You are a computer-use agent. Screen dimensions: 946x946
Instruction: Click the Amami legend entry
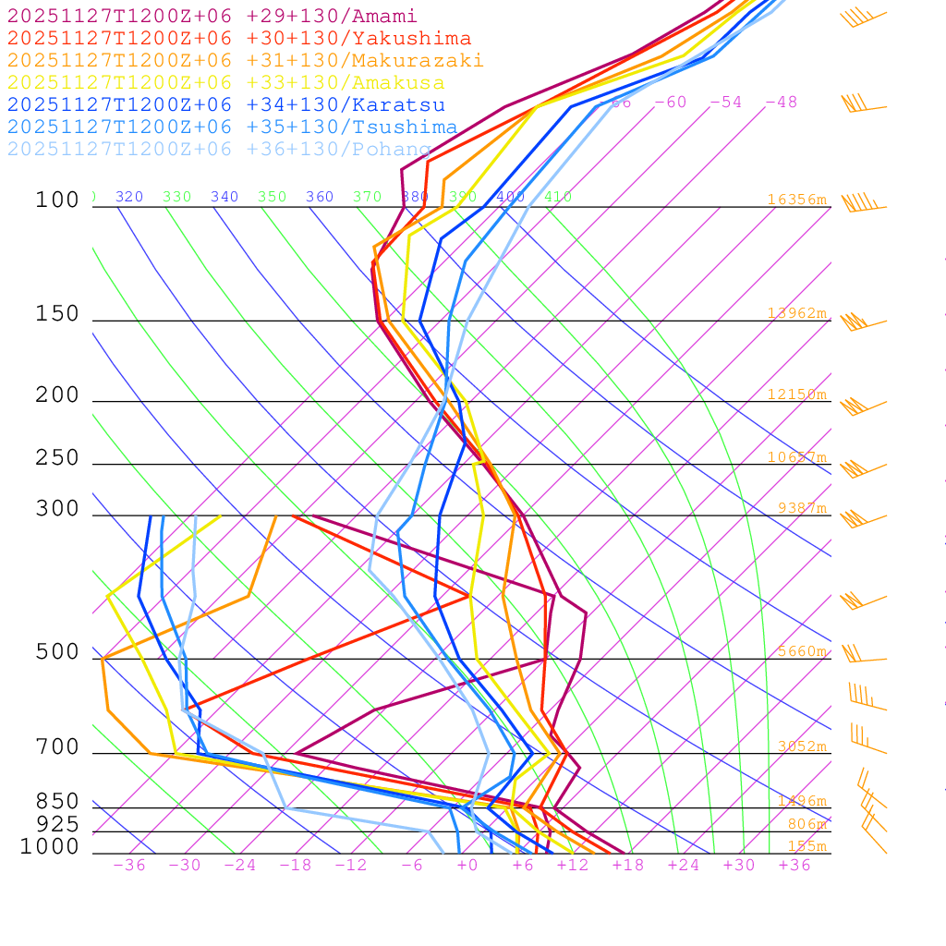tap(212, 17)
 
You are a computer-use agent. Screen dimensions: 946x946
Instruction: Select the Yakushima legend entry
tap(238, 39)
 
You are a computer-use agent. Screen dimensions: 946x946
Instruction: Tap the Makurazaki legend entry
tap(245, 61)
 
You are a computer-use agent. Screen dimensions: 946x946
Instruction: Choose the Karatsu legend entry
tap(225, 105)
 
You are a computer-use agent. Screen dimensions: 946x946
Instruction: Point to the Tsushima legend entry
tap(232, 127)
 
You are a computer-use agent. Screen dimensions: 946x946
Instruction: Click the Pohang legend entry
tap(219, 150)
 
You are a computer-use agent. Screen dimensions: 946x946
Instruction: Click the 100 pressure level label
tap(57, 200)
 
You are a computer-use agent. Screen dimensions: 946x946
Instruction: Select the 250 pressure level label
tap(57, 458)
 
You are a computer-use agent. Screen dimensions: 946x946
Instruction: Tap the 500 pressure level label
tap(57, 652)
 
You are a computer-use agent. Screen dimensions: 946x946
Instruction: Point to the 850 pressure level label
tap(57, 801)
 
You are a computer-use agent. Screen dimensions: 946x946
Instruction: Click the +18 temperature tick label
tap(627, 865)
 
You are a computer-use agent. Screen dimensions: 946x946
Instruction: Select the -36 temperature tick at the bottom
tap(128, 865)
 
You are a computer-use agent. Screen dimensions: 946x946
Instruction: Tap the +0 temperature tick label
tap(467, 865)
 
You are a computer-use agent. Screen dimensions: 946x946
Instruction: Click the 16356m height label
tap(796, 200)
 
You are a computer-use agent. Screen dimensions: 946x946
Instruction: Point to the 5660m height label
tap(801, 651)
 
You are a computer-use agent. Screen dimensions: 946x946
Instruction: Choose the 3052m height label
tap(801, 746)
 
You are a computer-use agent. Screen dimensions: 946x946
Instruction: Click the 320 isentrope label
tap(129, 197)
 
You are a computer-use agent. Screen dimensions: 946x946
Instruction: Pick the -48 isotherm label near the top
tap(781, 103)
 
